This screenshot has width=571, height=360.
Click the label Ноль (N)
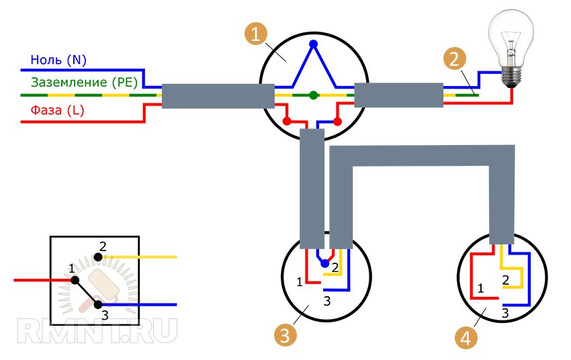click(58, 60)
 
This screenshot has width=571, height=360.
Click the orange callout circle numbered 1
click(254, 34)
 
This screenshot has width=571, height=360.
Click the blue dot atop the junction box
click(313, 45)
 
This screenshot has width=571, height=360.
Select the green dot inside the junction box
click(313, 95)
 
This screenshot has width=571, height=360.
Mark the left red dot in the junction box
click(287, 122)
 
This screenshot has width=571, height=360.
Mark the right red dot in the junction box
click(338, 122)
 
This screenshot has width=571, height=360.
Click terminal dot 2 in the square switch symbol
click(99, 257)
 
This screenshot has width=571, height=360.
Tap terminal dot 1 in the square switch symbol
click(75, 280)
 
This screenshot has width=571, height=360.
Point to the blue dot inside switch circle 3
click(325, 263)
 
